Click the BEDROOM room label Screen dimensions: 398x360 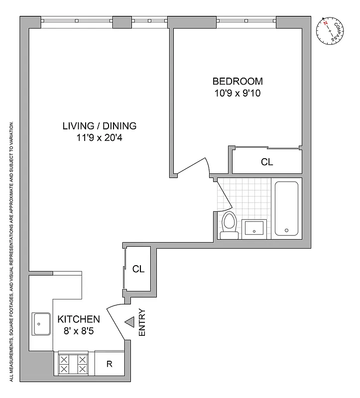tap(238, 81)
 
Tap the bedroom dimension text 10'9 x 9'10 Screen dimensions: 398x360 tap(238, 93)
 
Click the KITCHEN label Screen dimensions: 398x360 tap(79, 319)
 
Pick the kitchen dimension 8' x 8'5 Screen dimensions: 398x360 tap(79, 330)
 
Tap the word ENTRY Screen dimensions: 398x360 tap(142, 322)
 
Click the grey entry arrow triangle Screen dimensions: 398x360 tap(129, 323)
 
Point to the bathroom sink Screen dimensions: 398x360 tap(255, 228)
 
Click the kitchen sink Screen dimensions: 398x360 tap(41, 324)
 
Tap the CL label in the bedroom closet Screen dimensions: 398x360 tap(267, 162)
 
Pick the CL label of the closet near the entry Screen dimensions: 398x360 tap(138, 269)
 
